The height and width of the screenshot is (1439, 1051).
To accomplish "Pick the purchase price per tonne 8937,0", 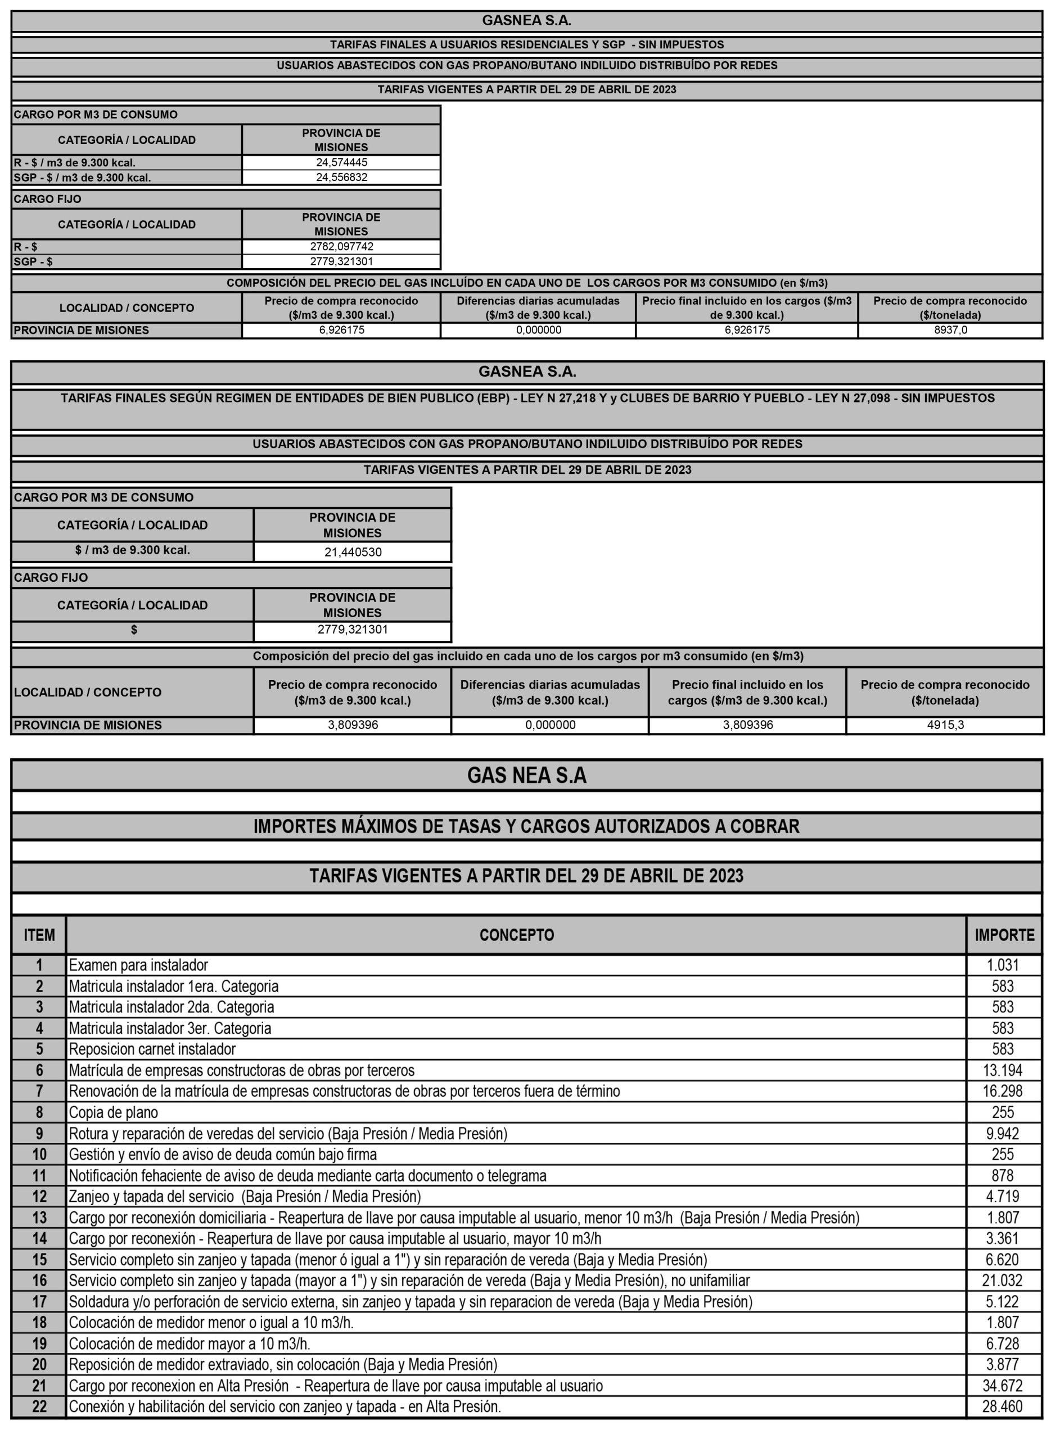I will (x=950, y=330).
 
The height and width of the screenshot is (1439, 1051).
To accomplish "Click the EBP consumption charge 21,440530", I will (x=353, y=552).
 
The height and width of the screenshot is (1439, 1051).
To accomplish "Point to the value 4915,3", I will (x=945, y=724).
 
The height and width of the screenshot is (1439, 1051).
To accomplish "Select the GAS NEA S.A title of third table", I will (x=526, y=775).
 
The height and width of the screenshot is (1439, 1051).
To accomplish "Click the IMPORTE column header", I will (x=1004, y=935).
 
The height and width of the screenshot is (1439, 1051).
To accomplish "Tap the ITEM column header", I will (x=39, y=935).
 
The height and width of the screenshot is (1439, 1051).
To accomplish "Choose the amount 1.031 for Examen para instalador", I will (x=1003, y=965).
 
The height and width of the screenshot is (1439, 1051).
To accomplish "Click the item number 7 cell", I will (x=39, y=1091).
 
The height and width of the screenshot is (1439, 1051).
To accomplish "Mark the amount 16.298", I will (x=1003, y=1091).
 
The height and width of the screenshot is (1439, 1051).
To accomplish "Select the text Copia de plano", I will (x=113, y=1112).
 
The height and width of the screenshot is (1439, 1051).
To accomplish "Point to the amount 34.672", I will (x=1003, y=1386).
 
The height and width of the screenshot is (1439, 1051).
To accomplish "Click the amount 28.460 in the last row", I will (x=1003, y=1406).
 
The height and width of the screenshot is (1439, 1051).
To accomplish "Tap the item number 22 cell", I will (x=39, y=1406).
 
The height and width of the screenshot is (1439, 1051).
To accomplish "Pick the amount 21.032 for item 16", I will (x=1003, y=1280).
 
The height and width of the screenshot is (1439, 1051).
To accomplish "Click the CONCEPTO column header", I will (x=516, y=935).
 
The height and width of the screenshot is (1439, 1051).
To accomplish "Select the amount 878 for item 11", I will (x=1003, y=1175).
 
